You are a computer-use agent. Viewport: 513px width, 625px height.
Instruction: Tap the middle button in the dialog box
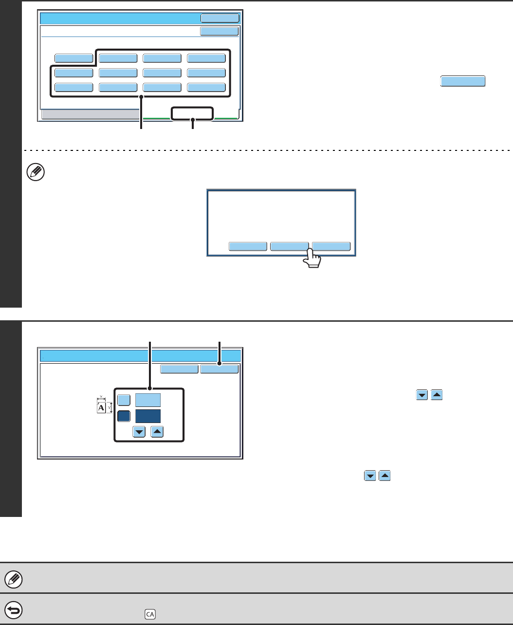pos(290,246)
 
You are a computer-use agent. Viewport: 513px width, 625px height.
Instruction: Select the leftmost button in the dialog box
pos(248,246)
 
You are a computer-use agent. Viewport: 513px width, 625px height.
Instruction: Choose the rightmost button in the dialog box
pos(331,246)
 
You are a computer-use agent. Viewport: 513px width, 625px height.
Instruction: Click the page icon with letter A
pos(101,407)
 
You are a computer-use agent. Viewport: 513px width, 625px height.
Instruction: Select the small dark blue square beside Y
pos(124,416)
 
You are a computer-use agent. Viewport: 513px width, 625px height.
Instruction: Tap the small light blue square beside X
pos(124,400)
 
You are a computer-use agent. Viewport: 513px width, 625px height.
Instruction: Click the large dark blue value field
pos(148,416)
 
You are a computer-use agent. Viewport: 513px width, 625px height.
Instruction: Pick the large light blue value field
pos(148,400)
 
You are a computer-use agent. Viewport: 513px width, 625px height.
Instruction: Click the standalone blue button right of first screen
pos(463,81)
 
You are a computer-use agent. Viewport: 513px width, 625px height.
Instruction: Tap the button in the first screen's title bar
pos(220,18)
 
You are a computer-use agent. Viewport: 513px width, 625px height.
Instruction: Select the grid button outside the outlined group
pos(73,58)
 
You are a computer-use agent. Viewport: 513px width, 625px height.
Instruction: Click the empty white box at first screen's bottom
pos(192,113)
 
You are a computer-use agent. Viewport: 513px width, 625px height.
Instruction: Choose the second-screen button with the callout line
pos(220,369)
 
